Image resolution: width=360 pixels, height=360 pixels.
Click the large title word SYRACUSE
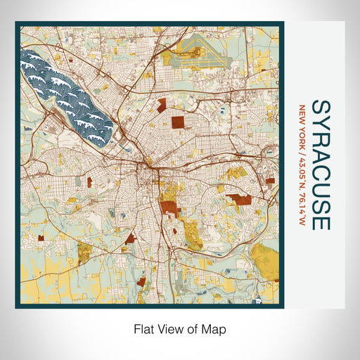pyautogui.click(x=320, y=165)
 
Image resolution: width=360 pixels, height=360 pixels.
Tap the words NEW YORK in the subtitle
pyautogui.click(x=302, y=123)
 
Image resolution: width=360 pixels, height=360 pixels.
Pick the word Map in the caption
pyautogui.click(x=214, y=328)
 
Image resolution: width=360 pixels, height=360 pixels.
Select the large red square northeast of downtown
pyautogui.click(x=180, y=122)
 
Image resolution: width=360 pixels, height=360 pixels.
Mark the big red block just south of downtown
pyautogui.click(x=169, y=208)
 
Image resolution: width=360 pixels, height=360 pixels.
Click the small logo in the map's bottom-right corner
pyautogui.click(x=259, y=300)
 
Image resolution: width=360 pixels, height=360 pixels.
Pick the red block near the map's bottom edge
pyautogui.click(x=141, y=282)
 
